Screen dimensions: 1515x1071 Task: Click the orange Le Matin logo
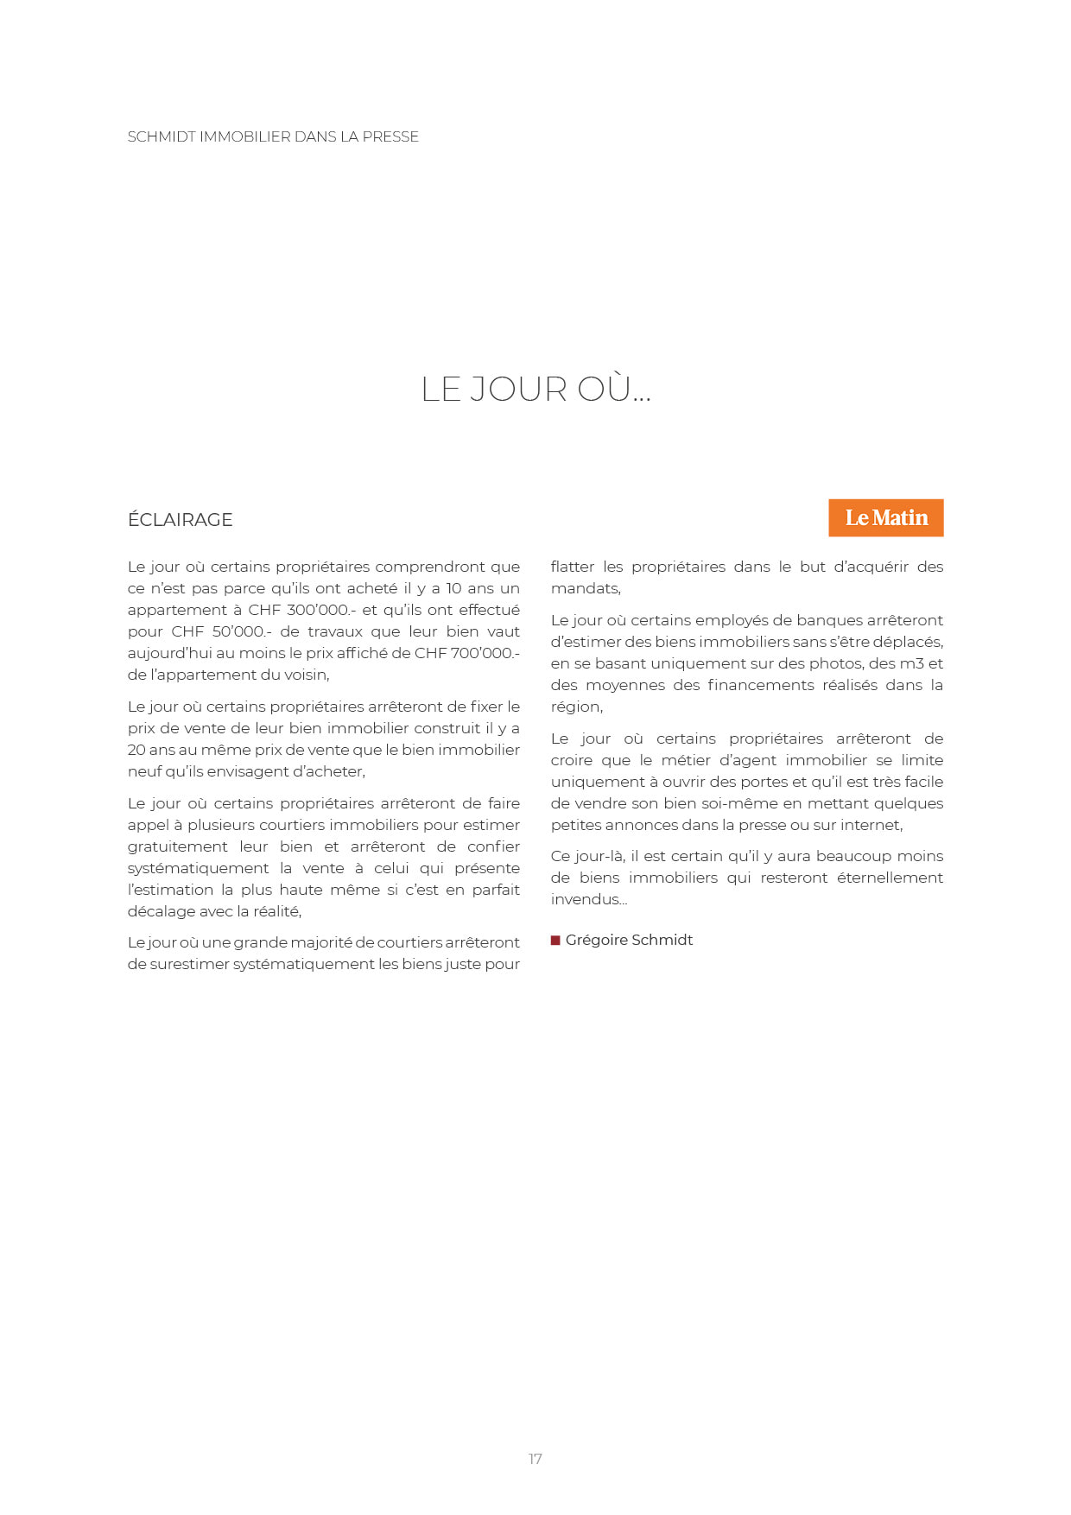(x=885, y=517)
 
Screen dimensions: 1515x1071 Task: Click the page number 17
(x=535, y=1459)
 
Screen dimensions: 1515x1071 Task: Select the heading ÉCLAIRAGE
(x=180, y=520)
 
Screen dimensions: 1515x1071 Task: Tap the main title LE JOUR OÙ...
(x=535, y=390)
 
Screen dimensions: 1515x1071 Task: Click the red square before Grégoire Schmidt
(x=555, y=940)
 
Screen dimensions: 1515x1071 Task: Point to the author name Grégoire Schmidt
(x=629, y=940)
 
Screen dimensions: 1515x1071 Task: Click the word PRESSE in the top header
(x=390, y=136)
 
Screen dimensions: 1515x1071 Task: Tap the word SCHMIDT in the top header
(x=162, y=136)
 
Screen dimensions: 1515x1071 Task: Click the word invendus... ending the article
(x=588, y=899)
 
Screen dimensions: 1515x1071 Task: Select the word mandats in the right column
(x=584, y=588)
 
